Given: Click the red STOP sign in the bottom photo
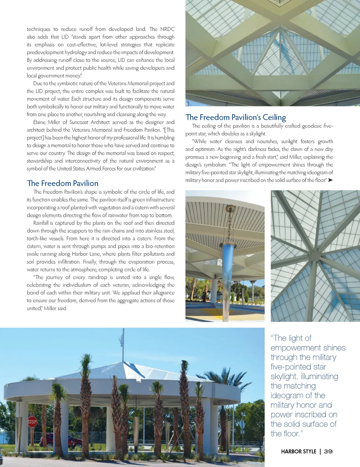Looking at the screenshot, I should pyautogui.click(x=32, y=422).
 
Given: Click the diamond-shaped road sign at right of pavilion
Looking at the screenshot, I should pyautogui.click(x=242, y=424).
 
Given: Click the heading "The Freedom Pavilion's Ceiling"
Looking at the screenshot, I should pyautogui.click(x=236, y=117).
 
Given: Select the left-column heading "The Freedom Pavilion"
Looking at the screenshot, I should pyautogui.click(x=63, y=183).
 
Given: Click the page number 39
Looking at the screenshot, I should pyautogui.click(x=328, y=452).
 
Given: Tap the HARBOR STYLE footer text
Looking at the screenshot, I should pyautogui.click(x=298, y=452).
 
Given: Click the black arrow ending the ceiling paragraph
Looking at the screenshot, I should pyautogui.click(x=330, y=180).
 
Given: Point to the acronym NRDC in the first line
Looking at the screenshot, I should pyautogui.click(x=167, y=29).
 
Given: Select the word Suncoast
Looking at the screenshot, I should pyautogui.click(x=79, y=122).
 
